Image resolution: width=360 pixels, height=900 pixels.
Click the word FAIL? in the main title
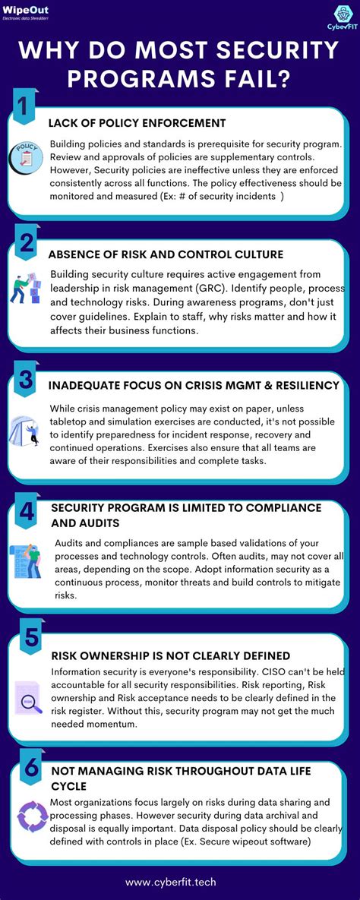[x=256, y=77]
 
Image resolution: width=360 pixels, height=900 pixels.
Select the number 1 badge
[x=23, y=108]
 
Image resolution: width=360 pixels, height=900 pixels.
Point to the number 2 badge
[x=26, y=242]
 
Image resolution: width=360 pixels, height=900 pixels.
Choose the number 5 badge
[x=31, y=636]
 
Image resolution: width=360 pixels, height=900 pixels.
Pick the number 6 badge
[x=30, y=769]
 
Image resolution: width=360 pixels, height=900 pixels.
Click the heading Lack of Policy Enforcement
[x=137, y=123]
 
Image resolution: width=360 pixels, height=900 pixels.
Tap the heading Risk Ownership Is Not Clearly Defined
[x=171, y=655]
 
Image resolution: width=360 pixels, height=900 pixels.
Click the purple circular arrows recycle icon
[x=31, y=816]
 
